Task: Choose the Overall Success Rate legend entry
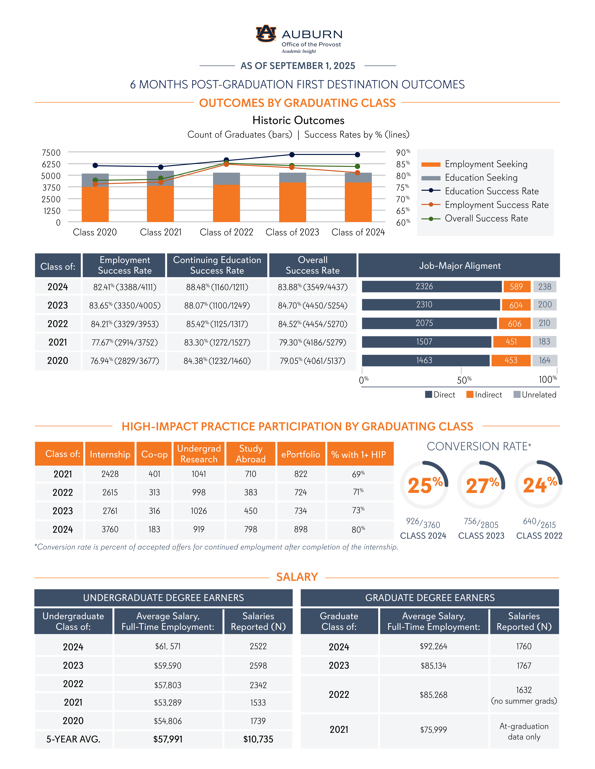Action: click(x=486, y=219)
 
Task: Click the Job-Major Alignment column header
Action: click(x=459, y=266)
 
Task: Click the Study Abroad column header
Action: click(x=251, y=454)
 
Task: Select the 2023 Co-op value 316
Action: click(x=154, y=511)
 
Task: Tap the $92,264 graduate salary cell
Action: click(x=434, y=646)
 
